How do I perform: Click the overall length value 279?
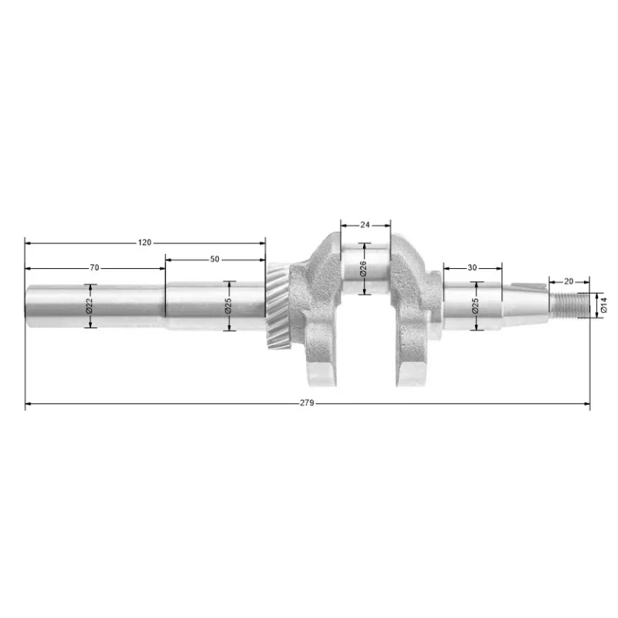pos(307,402)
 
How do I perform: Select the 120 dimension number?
pos(144,243)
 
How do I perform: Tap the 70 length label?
pos(94,267)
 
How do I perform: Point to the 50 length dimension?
pos(215,259)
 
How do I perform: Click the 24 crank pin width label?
pos(365,225)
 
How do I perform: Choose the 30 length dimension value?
pos(472,267)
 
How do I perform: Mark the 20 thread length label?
pos(569,281)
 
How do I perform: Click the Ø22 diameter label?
pos(89,306)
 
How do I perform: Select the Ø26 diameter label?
pos(363,268)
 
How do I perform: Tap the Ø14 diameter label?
pos(604,305)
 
